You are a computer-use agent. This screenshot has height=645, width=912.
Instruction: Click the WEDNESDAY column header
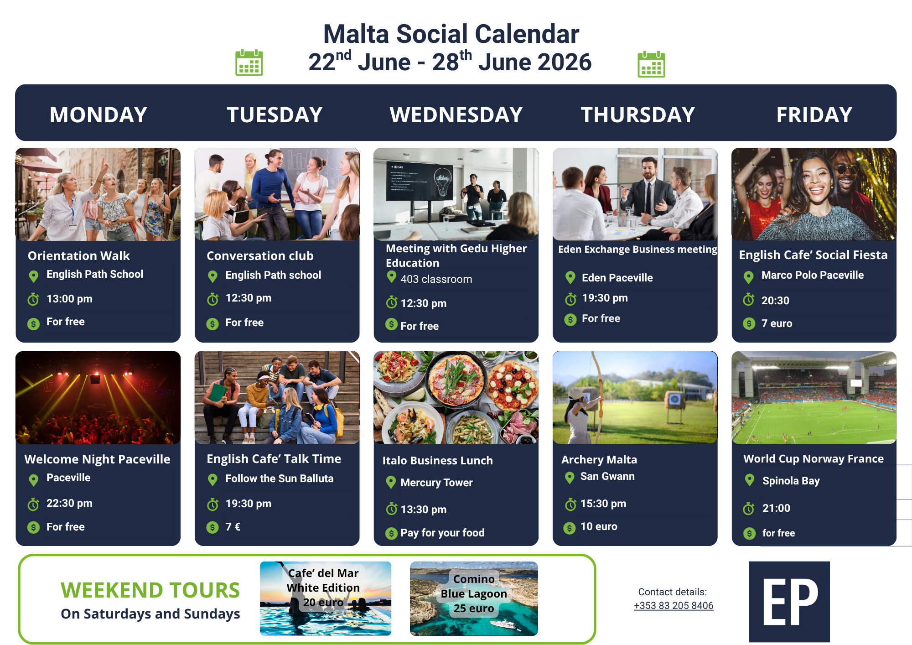point(456,114)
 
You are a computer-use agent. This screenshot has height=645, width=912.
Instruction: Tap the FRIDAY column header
point(814,114)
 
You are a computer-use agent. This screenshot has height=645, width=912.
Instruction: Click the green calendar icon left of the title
point(249,62)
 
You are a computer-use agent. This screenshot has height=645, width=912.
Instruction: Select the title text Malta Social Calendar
point(451,34)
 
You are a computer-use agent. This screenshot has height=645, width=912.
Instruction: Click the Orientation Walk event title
point(79,255)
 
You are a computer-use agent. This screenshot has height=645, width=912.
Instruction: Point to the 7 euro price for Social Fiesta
point(777,323)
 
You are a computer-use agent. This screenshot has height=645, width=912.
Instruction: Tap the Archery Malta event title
point(599,460)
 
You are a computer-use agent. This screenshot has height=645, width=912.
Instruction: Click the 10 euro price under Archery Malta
point(599,526)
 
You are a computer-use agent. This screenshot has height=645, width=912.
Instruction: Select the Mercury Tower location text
point(436,483)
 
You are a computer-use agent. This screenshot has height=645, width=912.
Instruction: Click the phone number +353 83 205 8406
point(674,605)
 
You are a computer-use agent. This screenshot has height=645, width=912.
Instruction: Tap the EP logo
point(789,602)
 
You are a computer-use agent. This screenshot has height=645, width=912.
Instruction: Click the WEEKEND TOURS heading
point(150,590)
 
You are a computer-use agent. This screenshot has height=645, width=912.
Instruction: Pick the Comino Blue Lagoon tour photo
point(474,598)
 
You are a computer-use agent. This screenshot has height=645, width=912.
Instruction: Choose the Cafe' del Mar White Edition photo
point(326,598)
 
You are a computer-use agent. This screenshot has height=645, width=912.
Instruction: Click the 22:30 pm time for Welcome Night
point(69,503)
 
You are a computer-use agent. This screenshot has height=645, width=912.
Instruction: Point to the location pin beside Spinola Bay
point(749,480)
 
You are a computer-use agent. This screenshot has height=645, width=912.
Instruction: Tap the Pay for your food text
point(442,533)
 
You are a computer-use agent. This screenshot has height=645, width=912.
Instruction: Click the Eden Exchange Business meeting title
point(637,249)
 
